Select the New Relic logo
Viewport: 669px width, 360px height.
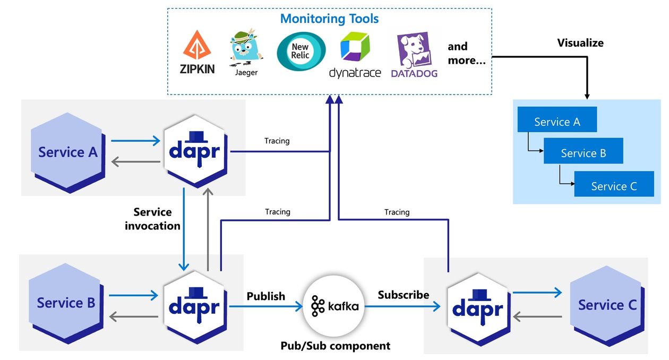click(301, 52)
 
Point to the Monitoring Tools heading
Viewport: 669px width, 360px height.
click(329, 19)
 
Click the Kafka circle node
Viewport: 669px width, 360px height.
click(334, 306)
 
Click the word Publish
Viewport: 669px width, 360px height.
click(265, 296)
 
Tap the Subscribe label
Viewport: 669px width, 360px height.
click(404, 294)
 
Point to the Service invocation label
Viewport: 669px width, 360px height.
click(152, 219)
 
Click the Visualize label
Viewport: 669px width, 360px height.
click(580, 42)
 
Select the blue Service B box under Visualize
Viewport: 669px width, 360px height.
click(583, 153)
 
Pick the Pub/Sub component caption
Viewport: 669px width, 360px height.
click(335, 346)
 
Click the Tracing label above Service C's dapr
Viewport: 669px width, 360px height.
click(397, 212)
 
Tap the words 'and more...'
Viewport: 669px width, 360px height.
click(466, 53)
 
